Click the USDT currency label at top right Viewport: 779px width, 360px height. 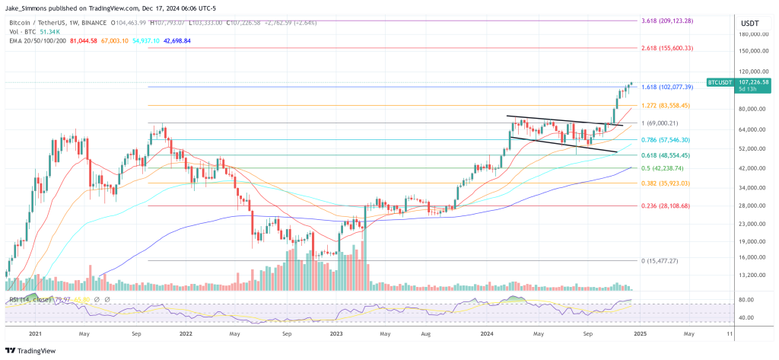749,23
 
